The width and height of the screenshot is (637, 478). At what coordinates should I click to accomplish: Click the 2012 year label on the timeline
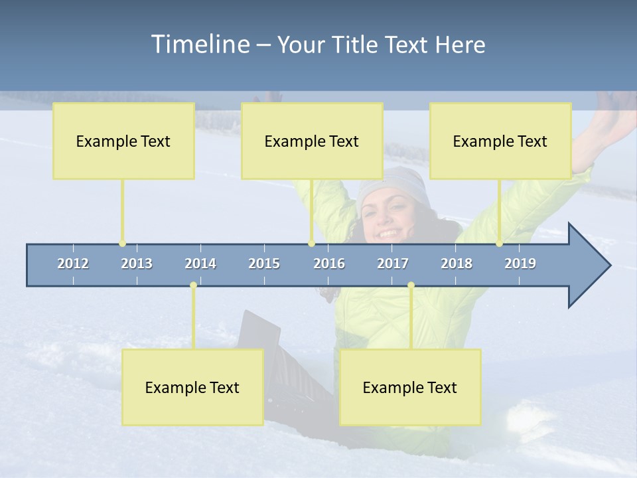73,264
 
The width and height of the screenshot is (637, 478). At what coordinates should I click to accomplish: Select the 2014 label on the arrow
200,264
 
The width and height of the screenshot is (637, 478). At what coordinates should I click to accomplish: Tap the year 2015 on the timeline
264,264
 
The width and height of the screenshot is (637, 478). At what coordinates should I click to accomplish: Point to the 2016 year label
329,264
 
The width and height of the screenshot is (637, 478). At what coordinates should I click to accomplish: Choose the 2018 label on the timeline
457,264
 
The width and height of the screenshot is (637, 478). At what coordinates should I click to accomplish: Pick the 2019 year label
520,264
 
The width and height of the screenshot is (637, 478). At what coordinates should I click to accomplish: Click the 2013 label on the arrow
137,264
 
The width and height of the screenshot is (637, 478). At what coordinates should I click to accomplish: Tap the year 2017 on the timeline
393,264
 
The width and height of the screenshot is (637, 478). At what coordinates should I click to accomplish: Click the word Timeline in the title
199,44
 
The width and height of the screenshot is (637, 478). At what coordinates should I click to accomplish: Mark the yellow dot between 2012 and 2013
122,244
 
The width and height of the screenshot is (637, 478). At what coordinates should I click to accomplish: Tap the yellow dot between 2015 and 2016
311,244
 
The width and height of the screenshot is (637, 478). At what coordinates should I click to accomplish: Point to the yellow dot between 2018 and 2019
499,244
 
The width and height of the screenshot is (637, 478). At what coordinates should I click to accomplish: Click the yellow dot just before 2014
193,285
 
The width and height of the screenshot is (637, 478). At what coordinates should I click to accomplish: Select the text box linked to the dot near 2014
192,387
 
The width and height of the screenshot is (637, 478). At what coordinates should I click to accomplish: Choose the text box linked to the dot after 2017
410,387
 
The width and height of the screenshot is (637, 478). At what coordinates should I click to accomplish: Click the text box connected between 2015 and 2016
312,141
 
